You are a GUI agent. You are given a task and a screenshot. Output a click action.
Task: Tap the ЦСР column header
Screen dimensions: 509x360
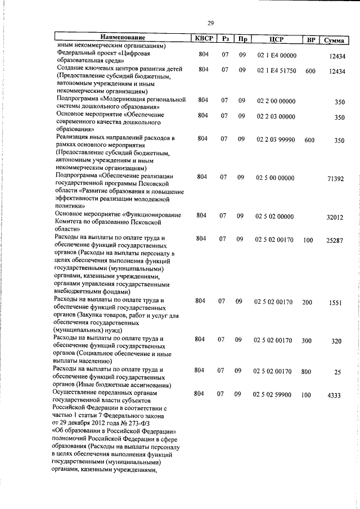point(276,39)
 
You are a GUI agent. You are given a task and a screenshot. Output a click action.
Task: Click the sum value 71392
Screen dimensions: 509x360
point(335,179)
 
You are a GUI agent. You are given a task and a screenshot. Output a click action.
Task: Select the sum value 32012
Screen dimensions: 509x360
point(336,217)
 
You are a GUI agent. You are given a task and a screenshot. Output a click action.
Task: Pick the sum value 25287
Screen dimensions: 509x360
point(335,241)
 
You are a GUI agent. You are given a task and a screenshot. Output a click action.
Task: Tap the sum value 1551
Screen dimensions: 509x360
point(337,303)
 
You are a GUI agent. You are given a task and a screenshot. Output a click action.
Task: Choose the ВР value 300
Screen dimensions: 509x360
point(307,340)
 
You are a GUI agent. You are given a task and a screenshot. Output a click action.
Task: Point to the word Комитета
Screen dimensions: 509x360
point(70,223)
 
